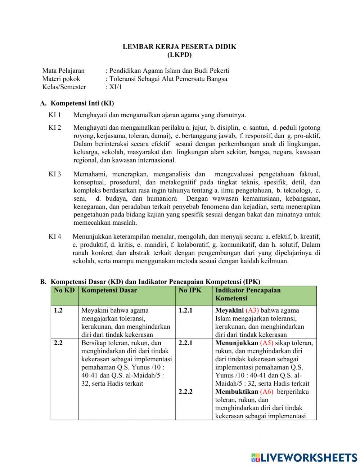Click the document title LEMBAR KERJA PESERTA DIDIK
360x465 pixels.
(x=179, y=46)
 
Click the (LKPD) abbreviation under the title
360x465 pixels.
(x=179, y=55)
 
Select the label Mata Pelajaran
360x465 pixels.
(x=63, y=71)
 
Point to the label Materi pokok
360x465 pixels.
(x=61, y=79)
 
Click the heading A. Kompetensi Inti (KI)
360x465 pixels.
(x=77, y=103)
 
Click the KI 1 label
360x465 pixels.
(x=55, y=115)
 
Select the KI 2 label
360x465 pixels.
(x=55, y=128)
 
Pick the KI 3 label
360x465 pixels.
(x=55, y=174)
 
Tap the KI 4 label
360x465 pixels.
(x=55, y=237)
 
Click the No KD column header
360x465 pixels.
(x=64, y=290)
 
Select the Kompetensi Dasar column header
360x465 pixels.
(x=109, y=290)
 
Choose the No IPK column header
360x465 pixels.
(x=190, y=290)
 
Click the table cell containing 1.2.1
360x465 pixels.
(x=185, y=310)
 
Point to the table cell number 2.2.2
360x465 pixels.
(x=185, y=392)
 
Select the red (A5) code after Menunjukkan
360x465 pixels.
(x=266, y=343)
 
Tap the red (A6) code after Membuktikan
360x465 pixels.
(x=266, y=392)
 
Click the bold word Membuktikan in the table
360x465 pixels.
(x=237, y=392)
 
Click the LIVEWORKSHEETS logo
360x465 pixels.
(x=304, y=457)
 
